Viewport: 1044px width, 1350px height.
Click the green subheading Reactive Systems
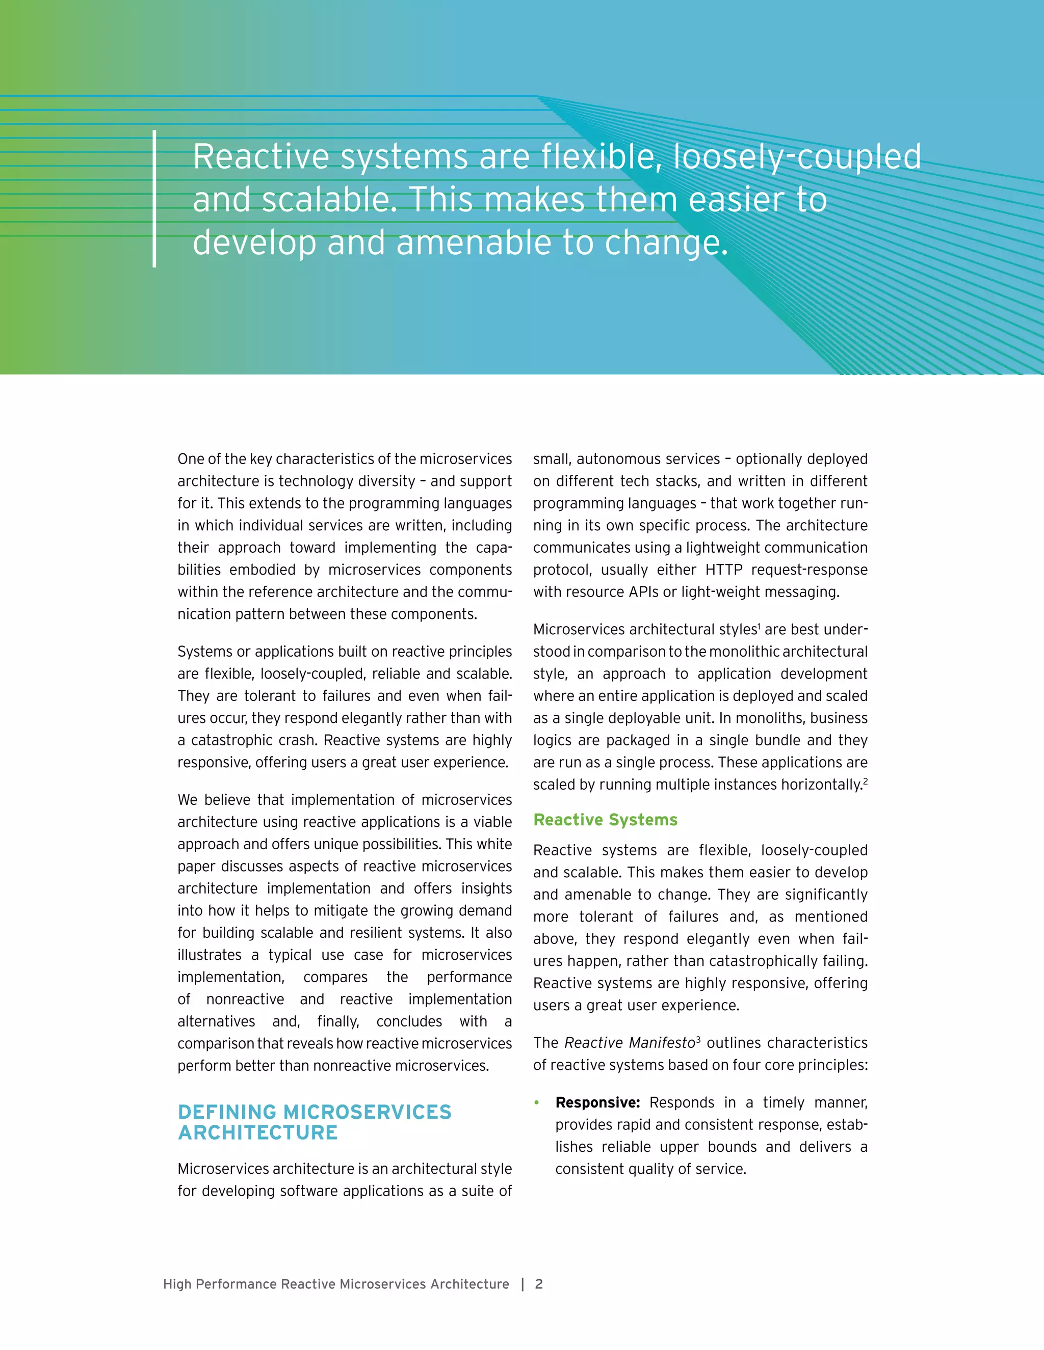pos(605,820)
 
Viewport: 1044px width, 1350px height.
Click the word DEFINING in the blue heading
pos(227,1112)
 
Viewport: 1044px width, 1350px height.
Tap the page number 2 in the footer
pos(539,1284)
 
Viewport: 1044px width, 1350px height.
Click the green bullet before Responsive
pos(537,1103)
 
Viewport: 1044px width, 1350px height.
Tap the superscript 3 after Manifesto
pos(698,1039)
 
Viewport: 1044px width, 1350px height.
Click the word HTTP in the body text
pos(724,570)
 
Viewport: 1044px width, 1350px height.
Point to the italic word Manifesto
pos(661,1043)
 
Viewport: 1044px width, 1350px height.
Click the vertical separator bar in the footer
pos(523,1284)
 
